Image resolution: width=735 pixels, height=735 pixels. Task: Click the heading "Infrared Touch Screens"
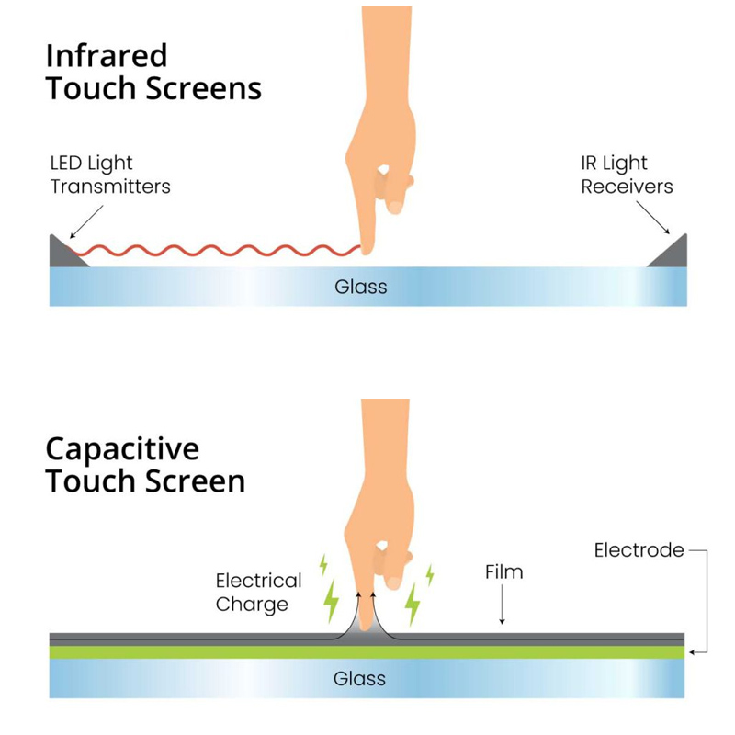[x=153, y=72]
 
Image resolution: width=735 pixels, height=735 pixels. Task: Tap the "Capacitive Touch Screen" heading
[x=145, y=465]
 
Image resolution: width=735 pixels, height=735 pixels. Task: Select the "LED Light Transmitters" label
[x=109, y=175]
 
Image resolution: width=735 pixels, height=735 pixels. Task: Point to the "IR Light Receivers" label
[x=627, y=175]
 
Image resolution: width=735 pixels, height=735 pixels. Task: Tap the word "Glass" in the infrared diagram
[x=360, y=287]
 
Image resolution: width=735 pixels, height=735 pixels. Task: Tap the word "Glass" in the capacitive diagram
[x=359, y=679]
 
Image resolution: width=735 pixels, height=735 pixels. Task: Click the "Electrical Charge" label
[x=258, y=592]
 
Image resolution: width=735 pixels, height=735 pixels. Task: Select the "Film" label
[x=503, y=571]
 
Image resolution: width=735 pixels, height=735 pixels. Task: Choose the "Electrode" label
[x=639, y=550]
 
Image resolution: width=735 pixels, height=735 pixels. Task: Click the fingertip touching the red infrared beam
[x=368, y=245]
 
